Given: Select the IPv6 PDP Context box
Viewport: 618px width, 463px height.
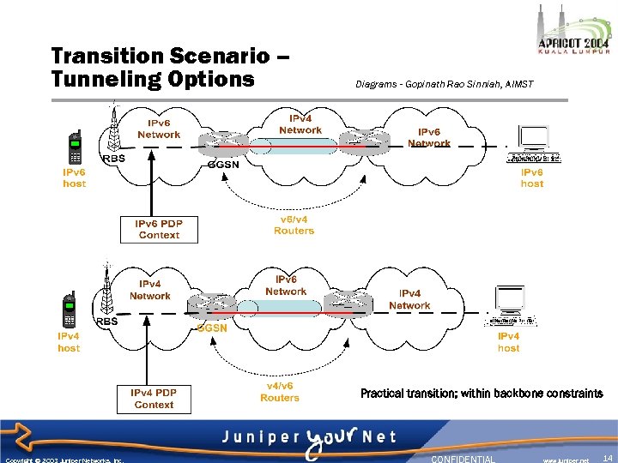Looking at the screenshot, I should (159, 229).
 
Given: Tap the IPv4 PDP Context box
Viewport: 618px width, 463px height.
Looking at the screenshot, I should (154, 399).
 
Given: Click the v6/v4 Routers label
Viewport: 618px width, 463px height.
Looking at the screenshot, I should (294, 225).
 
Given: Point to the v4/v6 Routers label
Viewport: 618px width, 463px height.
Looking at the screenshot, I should (280, 392).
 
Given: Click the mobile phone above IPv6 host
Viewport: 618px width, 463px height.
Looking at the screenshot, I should (76, 147).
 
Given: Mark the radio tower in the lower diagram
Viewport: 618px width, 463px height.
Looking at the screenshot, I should (107, 292).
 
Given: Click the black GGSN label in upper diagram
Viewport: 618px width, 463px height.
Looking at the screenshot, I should (224, 165).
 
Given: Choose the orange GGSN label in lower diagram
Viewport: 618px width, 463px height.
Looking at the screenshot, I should (212, 328).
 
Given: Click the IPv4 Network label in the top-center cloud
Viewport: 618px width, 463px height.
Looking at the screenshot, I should (300, 124).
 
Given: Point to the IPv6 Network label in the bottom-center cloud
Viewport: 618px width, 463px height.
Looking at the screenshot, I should (285, 286).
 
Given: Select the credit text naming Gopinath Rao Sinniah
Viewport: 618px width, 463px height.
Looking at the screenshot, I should (444, 84).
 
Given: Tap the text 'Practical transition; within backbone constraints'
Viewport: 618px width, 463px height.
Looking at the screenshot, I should (481, 394).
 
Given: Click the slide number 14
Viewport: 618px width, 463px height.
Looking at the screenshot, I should (607, 459).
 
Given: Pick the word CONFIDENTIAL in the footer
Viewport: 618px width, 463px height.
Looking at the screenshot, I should (463, 459).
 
